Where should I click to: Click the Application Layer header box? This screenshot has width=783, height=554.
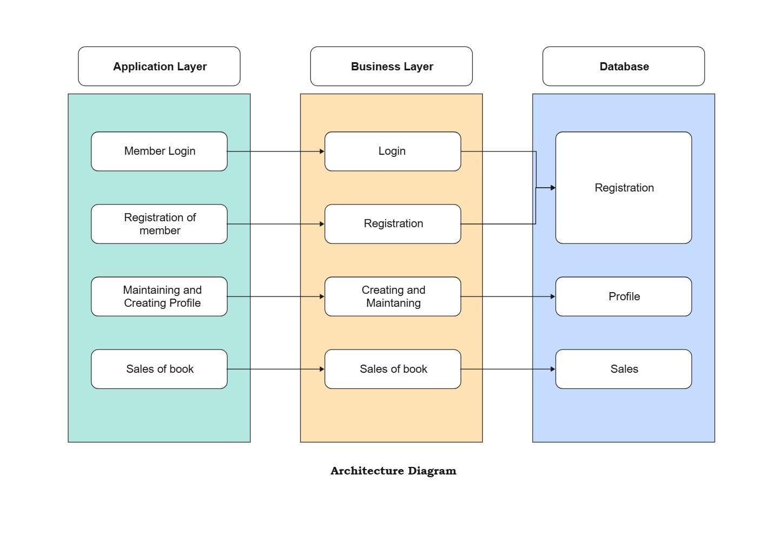[x=159, y=66]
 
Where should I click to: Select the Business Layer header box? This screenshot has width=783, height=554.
[x=391, y=66]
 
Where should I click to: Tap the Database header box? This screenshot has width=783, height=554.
[x=623, y=66]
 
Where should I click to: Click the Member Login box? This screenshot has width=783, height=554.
[x=159, y=151]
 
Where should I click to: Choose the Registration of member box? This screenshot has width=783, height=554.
[x=159, y=224]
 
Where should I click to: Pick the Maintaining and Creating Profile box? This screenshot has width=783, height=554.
[x=159, y=296]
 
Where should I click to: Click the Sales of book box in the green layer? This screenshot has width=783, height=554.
[x=159, y=369]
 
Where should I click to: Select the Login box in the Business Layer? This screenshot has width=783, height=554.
[x=393, y=151]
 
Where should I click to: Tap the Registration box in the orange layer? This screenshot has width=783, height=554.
[x=393, y=224]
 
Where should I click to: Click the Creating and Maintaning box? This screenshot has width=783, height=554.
[x=393, y=296]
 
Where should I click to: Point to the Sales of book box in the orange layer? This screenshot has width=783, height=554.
[x=393, y=369]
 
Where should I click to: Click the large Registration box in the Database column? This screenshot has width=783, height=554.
[x=623, y=188]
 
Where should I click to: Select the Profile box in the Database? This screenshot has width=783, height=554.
[x=623, y=296]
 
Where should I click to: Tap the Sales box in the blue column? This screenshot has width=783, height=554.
[x=623, y=369]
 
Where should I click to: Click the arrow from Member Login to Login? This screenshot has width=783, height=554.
[x=276, y=151]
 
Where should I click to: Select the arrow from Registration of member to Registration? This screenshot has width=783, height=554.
[x=276, y=224]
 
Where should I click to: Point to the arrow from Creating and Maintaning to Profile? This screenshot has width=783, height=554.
[x=508, y=296]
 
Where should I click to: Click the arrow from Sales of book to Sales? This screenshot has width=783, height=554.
[x=508, y=369]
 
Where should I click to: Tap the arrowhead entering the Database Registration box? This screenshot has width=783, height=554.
[x=553, y=188]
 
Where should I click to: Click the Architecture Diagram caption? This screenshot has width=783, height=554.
[x=393, y=471]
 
